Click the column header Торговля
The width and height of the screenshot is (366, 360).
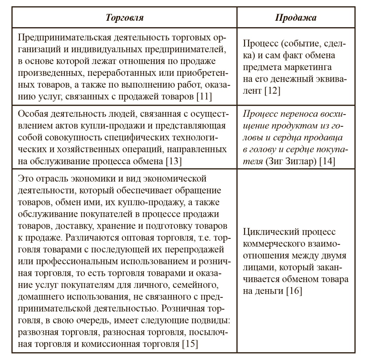click(125, 18)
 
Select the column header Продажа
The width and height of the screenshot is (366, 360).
click(296, 18)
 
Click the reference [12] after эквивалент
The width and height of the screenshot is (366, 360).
click(272, 91)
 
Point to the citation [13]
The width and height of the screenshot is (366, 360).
click(174, 161)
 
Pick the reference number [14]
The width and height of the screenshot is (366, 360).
click(328, 161)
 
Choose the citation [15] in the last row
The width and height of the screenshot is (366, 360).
click(190, 344)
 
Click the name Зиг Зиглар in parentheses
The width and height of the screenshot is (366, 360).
click(291, 161)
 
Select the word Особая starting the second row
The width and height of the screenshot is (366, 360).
click(33, 114)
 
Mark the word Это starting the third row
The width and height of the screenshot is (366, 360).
click(25, 178)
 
